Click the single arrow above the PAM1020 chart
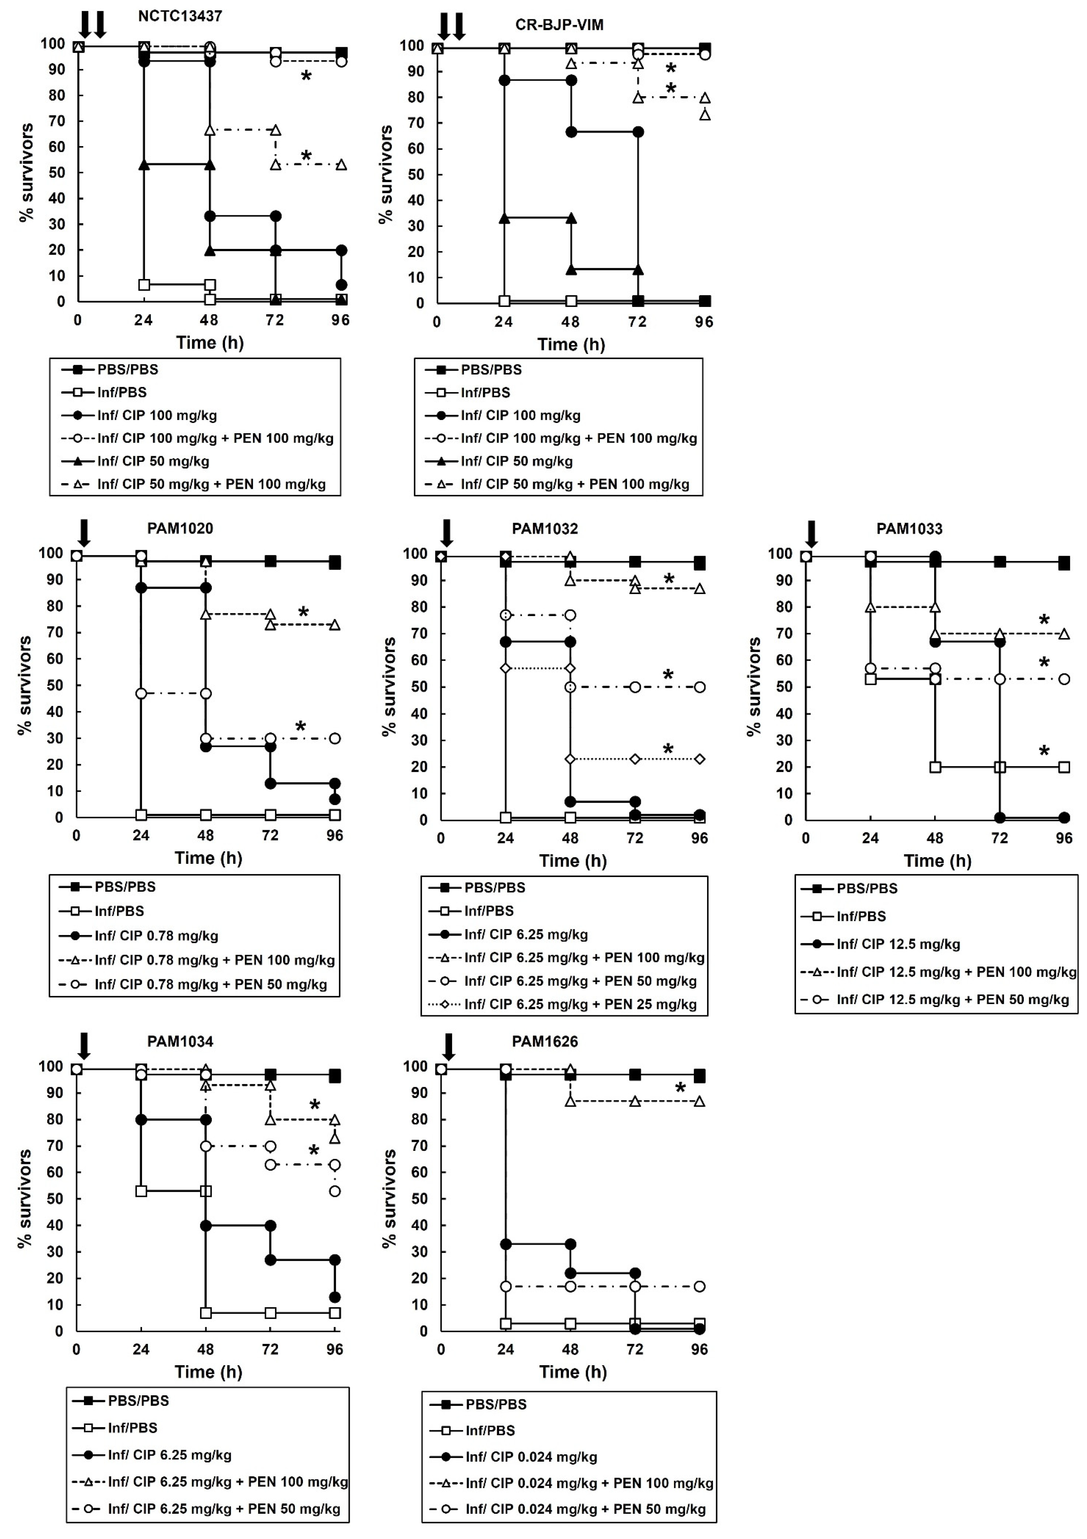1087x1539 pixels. point(84,533)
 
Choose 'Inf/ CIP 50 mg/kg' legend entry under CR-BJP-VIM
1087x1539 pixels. point(516,461)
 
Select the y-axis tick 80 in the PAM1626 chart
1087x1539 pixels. point(419,1119)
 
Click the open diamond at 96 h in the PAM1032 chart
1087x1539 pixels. point(699,759)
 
